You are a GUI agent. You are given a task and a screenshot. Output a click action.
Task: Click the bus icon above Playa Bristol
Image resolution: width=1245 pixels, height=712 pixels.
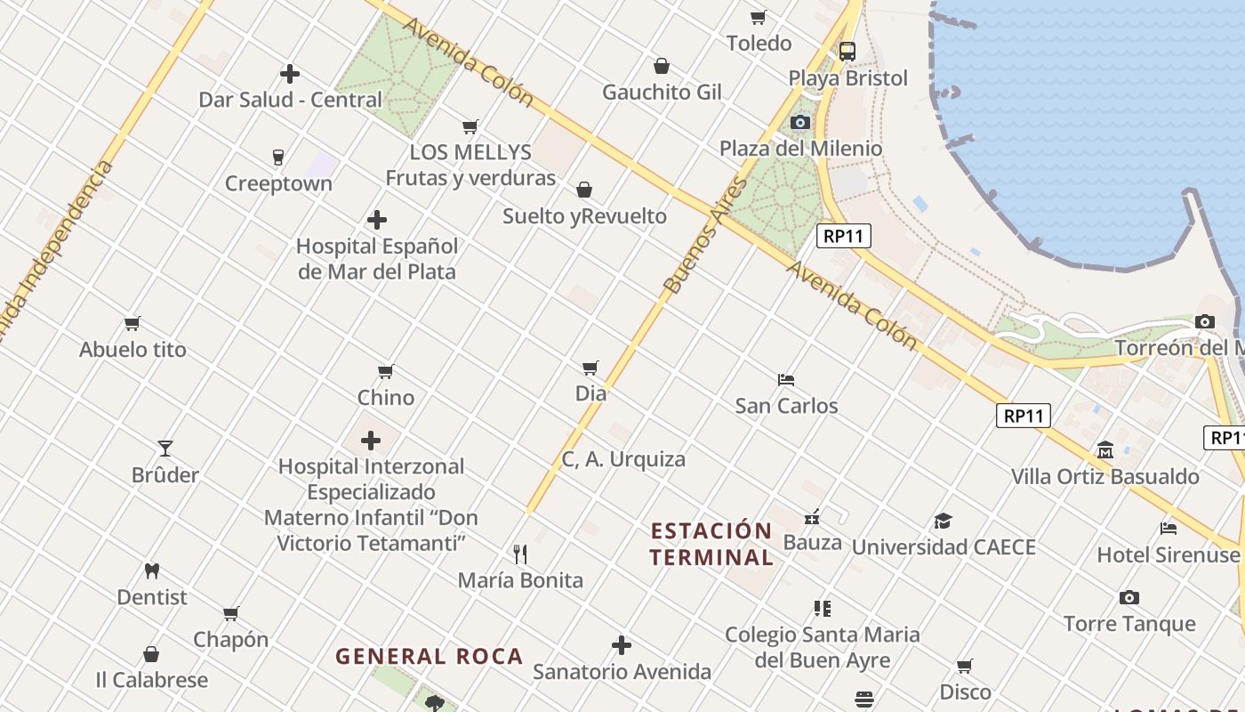coord(847,52)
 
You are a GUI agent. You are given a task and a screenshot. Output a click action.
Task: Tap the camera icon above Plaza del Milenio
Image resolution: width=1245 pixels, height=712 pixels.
coord(800,122)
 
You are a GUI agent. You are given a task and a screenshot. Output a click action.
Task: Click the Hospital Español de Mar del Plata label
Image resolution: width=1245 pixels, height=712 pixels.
coord(377,259)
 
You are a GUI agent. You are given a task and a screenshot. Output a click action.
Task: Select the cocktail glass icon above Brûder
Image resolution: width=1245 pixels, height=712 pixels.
coord(165,448)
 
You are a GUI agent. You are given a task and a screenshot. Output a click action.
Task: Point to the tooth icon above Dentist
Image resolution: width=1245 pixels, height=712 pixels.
coord(152,570)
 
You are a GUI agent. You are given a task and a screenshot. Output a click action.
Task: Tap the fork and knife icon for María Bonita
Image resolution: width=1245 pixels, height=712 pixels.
coord(520,554)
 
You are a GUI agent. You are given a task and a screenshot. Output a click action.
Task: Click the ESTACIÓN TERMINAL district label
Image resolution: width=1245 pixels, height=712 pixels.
coord(711,545)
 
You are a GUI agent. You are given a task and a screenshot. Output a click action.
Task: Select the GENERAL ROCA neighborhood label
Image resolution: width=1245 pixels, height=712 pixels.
coord(429,657)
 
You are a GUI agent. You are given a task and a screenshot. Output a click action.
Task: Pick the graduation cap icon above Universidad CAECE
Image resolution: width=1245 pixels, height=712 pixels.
coord(943,521)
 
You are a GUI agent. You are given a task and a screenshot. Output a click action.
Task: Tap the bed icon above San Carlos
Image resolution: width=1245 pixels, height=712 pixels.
coord(786,379)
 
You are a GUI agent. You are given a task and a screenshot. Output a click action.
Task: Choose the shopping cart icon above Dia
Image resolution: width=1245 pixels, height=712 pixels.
coord(590,368)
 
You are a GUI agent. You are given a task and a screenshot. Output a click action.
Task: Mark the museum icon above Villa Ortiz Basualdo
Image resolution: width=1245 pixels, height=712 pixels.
coord(1105,449)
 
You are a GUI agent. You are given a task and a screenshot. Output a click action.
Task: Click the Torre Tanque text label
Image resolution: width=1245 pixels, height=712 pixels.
coord(1129,624)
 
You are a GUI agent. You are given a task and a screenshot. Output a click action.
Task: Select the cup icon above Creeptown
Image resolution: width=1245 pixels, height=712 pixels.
coord(278,158)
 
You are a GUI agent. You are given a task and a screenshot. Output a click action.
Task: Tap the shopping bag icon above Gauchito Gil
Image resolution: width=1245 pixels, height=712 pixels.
coord(662,66)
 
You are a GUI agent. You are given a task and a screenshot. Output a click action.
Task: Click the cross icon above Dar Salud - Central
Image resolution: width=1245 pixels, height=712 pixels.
coord(290,74)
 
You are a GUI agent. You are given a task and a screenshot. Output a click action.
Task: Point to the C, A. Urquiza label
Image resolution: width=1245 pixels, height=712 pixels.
coord(623,459)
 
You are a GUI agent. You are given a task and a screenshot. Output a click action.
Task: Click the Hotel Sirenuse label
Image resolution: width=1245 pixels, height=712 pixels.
coord(1168,554)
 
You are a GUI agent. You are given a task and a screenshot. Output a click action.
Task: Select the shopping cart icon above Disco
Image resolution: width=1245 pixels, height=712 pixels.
coord(965,666)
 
